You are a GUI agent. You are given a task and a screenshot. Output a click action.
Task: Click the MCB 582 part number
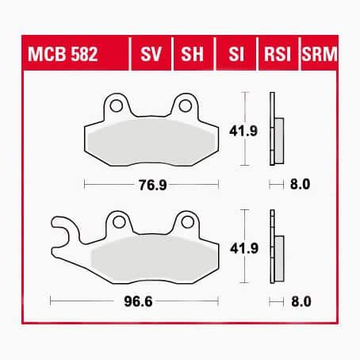point(63,54)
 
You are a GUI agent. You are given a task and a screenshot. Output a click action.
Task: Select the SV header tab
point(151,54)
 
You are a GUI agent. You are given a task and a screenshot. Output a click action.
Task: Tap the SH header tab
point(192,54)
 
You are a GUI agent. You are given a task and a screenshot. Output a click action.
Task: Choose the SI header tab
point(236,54)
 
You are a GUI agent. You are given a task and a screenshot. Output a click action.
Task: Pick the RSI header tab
point(278,54)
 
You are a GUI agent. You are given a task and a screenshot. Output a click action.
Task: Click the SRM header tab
point(320,54)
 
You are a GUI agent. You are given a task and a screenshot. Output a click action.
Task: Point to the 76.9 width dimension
point(153,185)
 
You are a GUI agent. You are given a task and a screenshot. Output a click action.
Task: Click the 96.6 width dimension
point(138,301)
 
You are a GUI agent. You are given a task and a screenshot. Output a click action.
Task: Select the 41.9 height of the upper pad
point(243,131)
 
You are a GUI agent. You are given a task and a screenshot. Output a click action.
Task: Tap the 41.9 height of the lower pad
point(244,248)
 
